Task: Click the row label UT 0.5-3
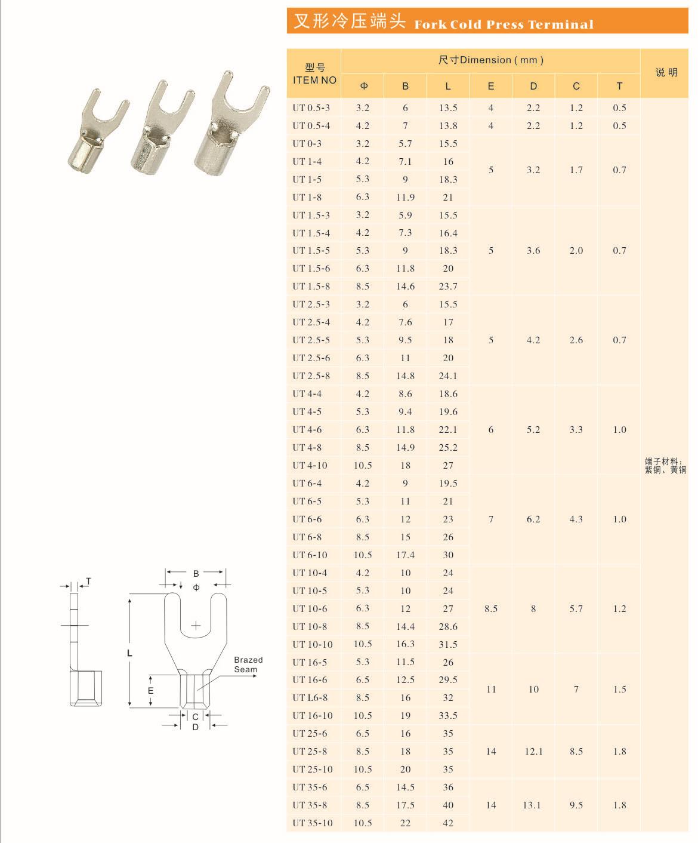(x=311, y=108)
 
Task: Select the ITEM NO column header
(x=314, y=80)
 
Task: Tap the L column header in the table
(x=448, y=86)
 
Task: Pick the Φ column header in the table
(x=363, y=86)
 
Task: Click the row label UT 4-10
(x=310, y=466)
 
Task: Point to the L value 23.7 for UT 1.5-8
(x=448, y=286)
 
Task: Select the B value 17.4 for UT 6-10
(x=405, y=555)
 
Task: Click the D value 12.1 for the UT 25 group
(x=533, y=751)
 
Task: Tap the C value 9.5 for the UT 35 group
(x=576, y=805)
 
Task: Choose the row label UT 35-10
(x=313, y=823)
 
